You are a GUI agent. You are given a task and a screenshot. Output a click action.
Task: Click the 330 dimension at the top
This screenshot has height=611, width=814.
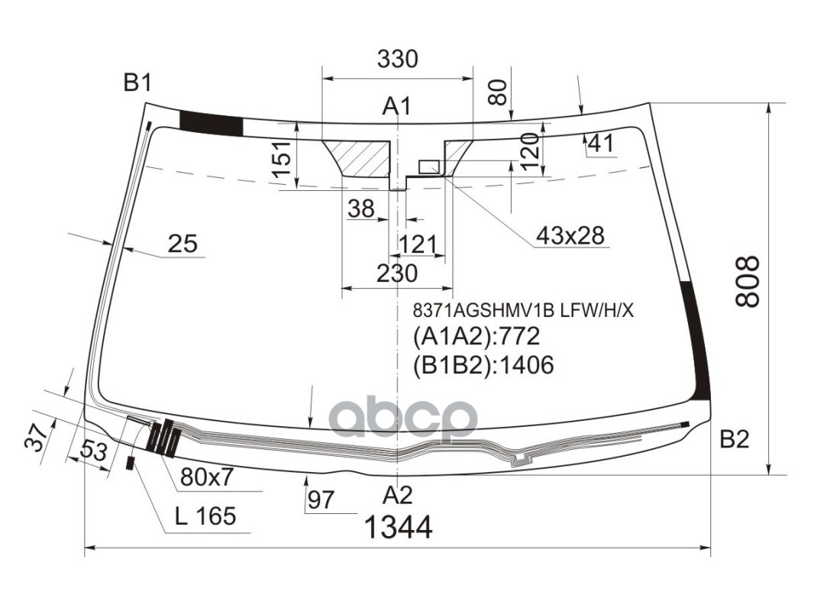[x=397, y=59]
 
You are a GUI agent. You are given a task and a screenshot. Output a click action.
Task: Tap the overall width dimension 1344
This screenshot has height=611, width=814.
[x=398, y=528]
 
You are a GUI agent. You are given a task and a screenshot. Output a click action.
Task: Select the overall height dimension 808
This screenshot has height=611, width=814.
[x=748, y=282]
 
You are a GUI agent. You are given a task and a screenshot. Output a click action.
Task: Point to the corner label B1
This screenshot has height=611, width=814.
[x=137, y=82]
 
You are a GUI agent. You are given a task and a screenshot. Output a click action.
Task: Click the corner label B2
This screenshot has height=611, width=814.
[x=735, y=440]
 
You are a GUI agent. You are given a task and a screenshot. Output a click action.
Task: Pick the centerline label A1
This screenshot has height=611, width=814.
[x=396, y=106]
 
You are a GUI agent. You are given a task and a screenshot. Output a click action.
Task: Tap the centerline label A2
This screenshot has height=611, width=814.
[x=398, y=495]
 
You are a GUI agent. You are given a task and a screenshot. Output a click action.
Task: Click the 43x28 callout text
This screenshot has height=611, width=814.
[x=570, y=236]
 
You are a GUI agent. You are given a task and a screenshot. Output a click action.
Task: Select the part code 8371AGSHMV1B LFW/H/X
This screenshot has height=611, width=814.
[x=523, y=311]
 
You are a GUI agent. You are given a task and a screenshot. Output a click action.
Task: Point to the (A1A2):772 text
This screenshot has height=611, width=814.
[x=476, y=336]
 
